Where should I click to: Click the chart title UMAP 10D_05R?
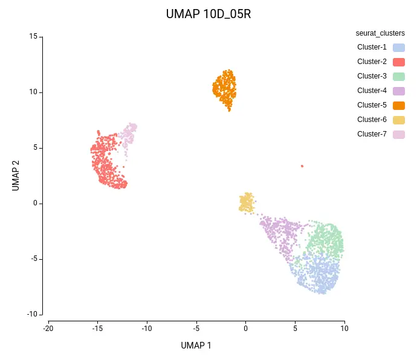tap(208, 14)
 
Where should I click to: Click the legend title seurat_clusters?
tap(380, 33)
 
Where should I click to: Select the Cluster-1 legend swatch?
tap(398, 47)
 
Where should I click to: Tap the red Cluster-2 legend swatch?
tap(398, 62)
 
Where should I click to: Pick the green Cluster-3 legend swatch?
tap(398, 76)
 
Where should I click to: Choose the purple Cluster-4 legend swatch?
tap(398, 91)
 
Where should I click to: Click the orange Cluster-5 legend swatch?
tap(398, 105)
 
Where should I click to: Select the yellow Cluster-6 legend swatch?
tap(398, 120)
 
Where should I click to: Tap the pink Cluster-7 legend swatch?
tap(398, 134)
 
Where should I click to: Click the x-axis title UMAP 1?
tap(196, 346)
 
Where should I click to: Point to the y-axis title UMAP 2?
tap(16, 175)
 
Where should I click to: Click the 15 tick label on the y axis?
tap(33, 37)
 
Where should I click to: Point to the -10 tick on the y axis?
tap(31, 314)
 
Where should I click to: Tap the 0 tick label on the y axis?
tap(35, 203)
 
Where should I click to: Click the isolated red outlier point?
tap(302, 166)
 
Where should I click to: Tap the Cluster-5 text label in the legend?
tap(372, 105)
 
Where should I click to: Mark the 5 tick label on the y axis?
tap(35, 147)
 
